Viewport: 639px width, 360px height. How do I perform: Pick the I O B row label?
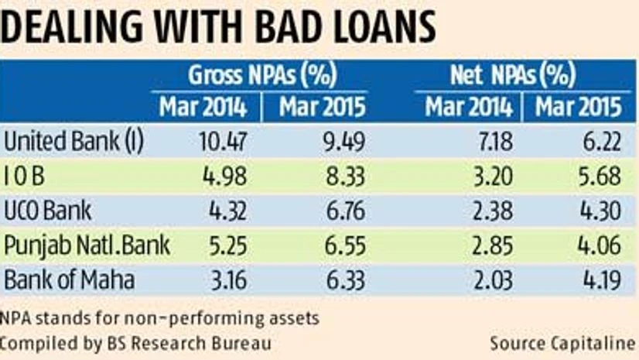[x=26, y=177]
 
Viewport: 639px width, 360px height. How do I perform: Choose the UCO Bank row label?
[x=48, y=211]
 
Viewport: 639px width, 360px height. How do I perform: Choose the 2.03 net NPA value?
[x=487, y=279]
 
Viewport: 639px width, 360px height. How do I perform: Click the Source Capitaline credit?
[x=562, y=342]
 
